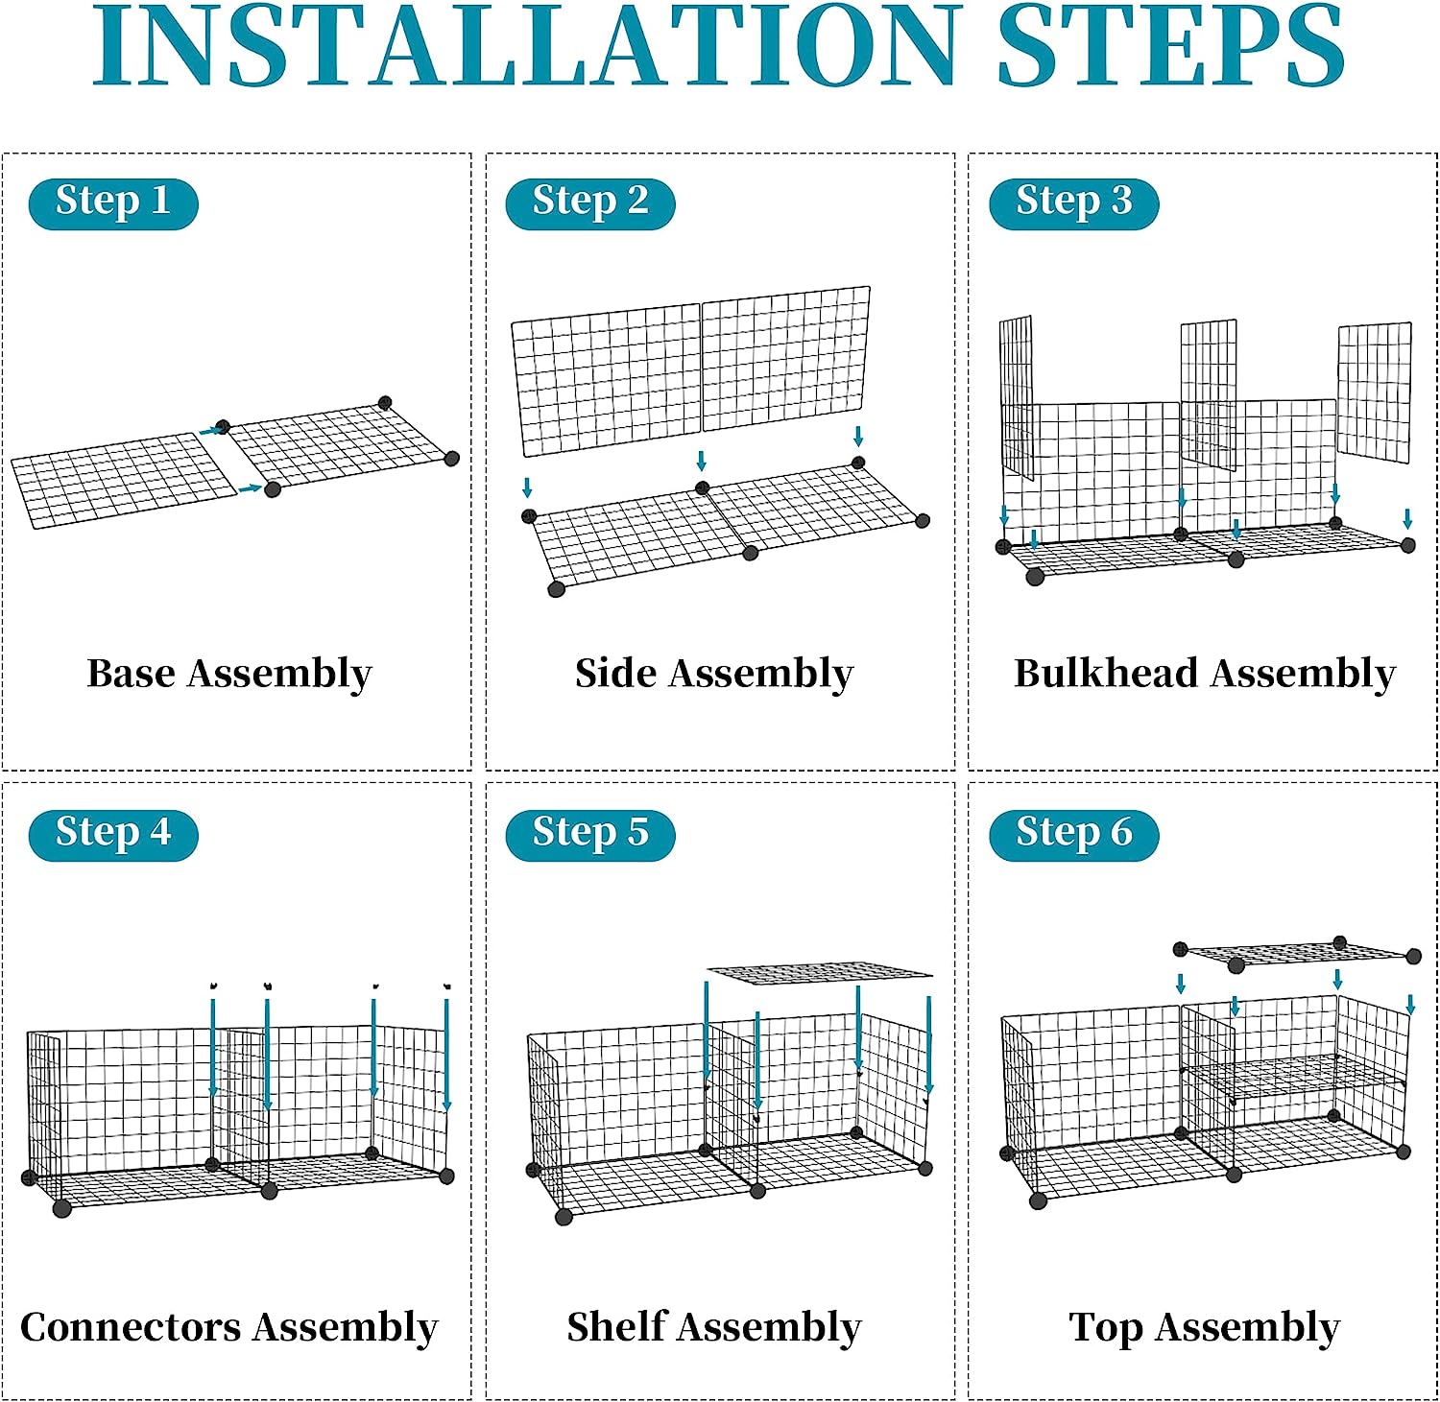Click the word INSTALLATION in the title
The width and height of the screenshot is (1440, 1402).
[x=527, y=47]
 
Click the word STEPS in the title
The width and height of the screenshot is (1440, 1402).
[x=1171, y=47]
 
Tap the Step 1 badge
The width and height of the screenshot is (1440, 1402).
[x=113, y=203]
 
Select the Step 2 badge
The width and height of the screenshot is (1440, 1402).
[x=590, y=203]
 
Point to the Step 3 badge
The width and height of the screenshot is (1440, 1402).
[x=1074, y=203]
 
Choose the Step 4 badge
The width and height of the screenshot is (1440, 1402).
[x=113, y=834]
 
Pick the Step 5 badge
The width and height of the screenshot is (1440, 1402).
[x=590, y=834]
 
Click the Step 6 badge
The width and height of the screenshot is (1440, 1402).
[x=1074, y=834]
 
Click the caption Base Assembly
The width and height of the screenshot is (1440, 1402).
[x=229, y=675]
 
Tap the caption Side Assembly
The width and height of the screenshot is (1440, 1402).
[x=714, y=675]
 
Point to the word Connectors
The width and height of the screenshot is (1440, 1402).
[x=131, y=1327]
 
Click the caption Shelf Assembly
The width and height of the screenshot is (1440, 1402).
[x=714, y=1328]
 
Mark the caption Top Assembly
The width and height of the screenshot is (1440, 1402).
[x=1205, y=1329]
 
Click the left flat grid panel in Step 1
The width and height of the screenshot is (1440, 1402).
[x=125, y=480]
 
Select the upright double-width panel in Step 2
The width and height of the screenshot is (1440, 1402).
[x=691, y=370]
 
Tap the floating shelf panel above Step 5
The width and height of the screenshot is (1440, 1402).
[x=819, y=973]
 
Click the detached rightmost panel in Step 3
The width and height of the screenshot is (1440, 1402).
[x=1375, y=392]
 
